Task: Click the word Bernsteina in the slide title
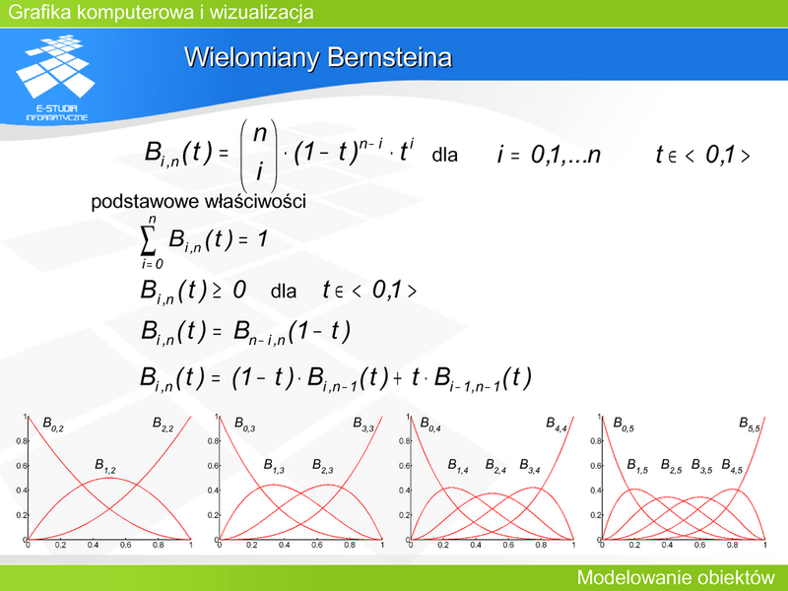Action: tap(390, 57)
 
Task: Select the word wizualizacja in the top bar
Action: tap(261, 12)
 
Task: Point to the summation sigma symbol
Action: tap(147, 241)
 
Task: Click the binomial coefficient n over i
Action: tap(259, 154)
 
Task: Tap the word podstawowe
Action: tap(145, 202)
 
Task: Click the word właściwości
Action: tap(255, 201)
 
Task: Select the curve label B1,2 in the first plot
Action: tap(105, 466)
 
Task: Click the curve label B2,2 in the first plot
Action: tap(163, 424)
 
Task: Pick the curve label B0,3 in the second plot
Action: tap(244, 424)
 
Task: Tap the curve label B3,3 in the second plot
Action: tap(363, 424)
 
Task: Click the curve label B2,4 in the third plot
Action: tap(495, 466)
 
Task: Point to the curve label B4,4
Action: tap(557, 424)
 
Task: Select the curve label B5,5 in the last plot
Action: tap(750, 424)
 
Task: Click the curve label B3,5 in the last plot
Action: tap(701, 466)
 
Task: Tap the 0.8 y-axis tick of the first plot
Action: tap(21, 441)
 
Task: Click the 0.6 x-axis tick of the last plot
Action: tap(700, 546)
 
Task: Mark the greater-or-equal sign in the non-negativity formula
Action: tap(217, 292)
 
